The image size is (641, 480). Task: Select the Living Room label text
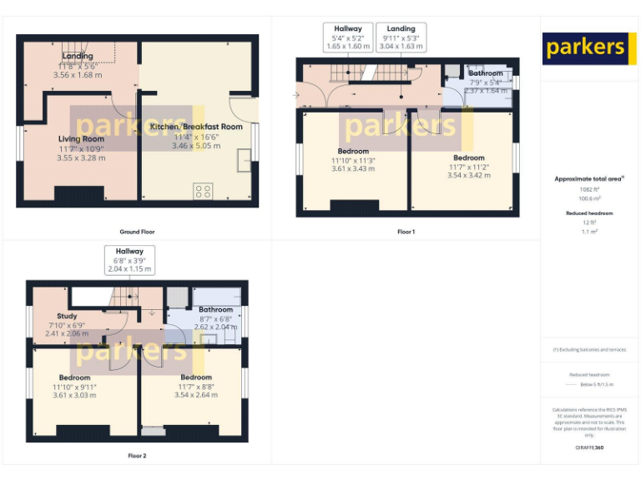[81, 138]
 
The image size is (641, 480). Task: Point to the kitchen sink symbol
[245, 159]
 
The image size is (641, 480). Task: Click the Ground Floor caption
[137, 232]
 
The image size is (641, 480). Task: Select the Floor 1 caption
[406, 232]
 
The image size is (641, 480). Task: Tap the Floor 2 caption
[137, 456]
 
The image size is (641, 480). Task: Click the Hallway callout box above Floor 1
[348, 37]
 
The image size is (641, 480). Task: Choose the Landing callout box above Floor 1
[401, 37]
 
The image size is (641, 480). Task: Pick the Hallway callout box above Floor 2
[129, 260]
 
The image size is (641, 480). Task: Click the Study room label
[67, 317]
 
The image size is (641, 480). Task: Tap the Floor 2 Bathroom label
[217, 309]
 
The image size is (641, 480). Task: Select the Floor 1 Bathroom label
[485, 73]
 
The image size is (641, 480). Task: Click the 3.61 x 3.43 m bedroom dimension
[353, 169]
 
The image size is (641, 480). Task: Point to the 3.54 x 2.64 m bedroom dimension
[196, 395]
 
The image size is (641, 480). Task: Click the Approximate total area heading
[589, 178]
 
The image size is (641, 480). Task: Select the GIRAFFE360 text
[589, 448]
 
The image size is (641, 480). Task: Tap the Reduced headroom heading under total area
[589, 213]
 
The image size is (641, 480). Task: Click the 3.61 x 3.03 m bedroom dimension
[74, 395]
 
